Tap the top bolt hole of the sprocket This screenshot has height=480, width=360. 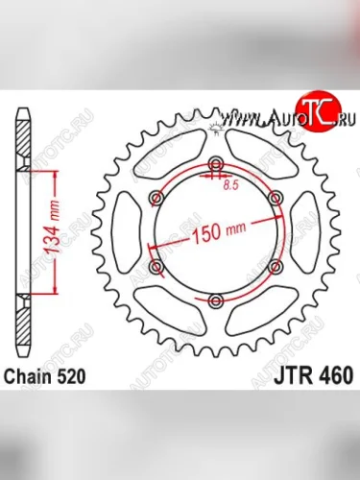pos(215,159)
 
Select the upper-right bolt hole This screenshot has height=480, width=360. pos(276,195)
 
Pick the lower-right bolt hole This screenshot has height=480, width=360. pos(276,266)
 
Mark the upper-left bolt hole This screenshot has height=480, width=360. pos(155,196)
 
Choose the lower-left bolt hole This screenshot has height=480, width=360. pos(155,266)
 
